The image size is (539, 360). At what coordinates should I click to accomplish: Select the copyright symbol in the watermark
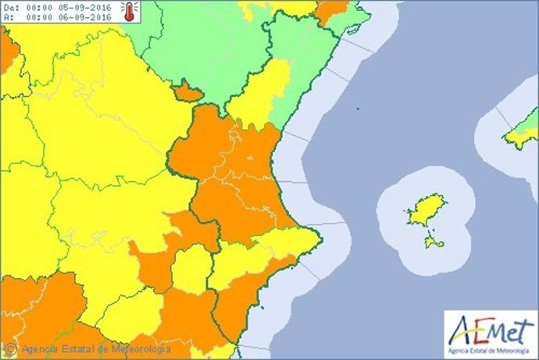(11, 348)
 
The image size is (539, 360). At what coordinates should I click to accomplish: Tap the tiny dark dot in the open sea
(356, 109)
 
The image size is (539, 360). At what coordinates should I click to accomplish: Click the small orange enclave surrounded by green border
(187, 92)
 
